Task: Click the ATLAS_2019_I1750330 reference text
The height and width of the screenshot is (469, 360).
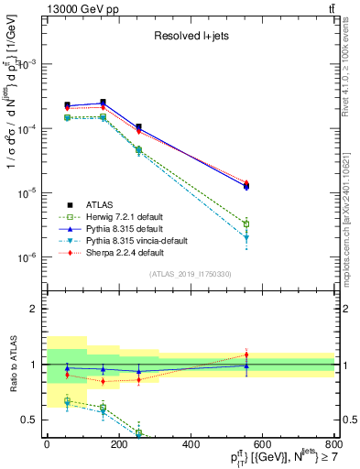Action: (191, 274)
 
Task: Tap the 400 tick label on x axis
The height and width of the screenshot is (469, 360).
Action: (191, 444)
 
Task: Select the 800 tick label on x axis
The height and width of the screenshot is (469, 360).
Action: (333, 444)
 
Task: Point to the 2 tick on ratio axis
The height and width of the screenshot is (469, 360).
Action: (33, 309)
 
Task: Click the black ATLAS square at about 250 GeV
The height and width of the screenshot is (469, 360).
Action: (138, 126)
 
